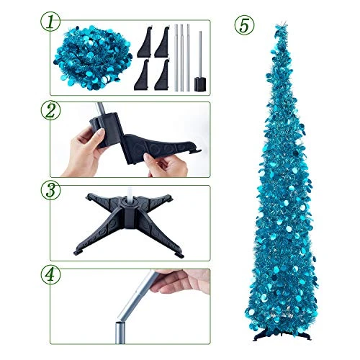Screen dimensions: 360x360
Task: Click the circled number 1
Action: (x=50, y=22)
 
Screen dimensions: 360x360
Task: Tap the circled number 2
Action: (x=50, y=111)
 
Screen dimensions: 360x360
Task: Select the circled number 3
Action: (x=50, y=190)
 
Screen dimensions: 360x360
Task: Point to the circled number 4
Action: (x=50, y=275)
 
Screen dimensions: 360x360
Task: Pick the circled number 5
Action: (x=244, y=25)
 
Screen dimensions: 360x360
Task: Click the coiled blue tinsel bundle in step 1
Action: (x=92, y=58)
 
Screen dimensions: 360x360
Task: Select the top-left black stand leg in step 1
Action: (x=145, y=42)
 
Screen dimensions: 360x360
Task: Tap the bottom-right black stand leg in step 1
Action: (x=162, y=74)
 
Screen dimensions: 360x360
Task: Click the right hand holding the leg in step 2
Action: (x=166, y=165)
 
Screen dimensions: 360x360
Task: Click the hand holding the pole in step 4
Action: (x=181, y=281)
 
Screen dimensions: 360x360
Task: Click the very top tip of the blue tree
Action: (x=284, y=22)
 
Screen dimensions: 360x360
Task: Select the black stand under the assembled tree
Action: (x=282, y=336)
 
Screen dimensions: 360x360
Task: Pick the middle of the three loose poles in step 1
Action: (x=182, y=58)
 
